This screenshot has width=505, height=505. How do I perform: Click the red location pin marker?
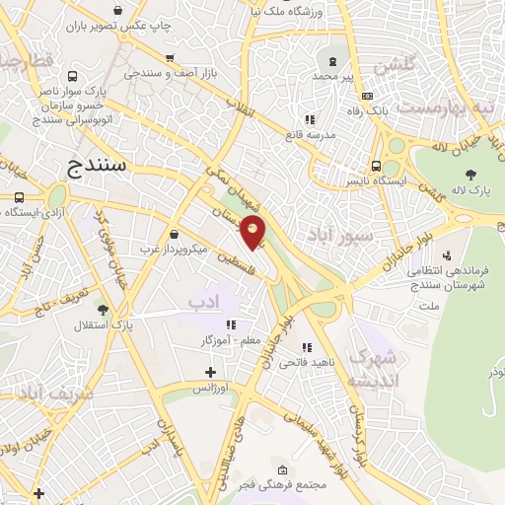click(x=254, y=233)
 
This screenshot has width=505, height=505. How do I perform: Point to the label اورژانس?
click(x=210, y=388)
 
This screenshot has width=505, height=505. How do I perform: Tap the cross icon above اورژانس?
click(x=210, y=372)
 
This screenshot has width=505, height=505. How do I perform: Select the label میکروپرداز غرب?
click(x=175, y=250)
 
